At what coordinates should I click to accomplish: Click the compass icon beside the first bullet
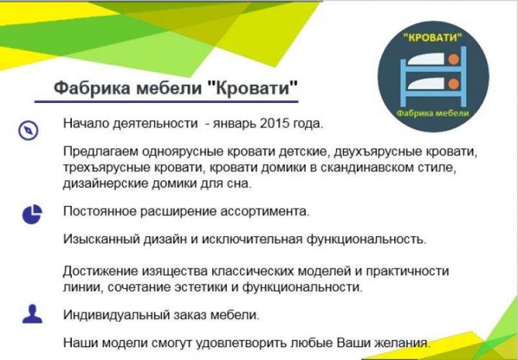[x=28, y=130]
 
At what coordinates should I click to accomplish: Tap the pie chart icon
[x=32, y=215]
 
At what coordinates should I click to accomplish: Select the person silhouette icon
[x=32, y=314]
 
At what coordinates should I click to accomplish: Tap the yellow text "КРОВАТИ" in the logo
[x=432, y=37]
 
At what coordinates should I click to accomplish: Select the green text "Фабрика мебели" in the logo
[x=432, y=113]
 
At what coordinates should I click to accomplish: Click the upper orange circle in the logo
[x=454, y=59]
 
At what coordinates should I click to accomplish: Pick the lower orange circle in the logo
[x=454, y=84]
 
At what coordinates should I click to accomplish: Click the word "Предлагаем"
[x=101, y=152]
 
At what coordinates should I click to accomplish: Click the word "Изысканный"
[x=101, y=238]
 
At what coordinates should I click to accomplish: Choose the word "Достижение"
[x=100, y=271]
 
